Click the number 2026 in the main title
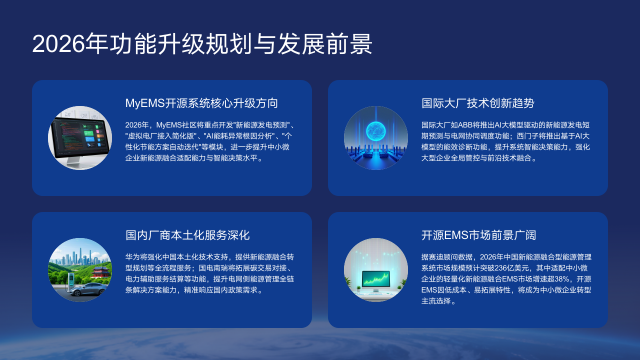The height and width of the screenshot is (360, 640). [58, 44]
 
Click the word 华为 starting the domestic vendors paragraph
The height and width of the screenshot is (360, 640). [132, 257]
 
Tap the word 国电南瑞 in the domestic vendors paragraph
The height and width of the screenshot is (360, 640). [198, 268]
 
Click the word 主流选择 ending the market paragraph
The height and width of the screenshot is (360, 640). [438, 302]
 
